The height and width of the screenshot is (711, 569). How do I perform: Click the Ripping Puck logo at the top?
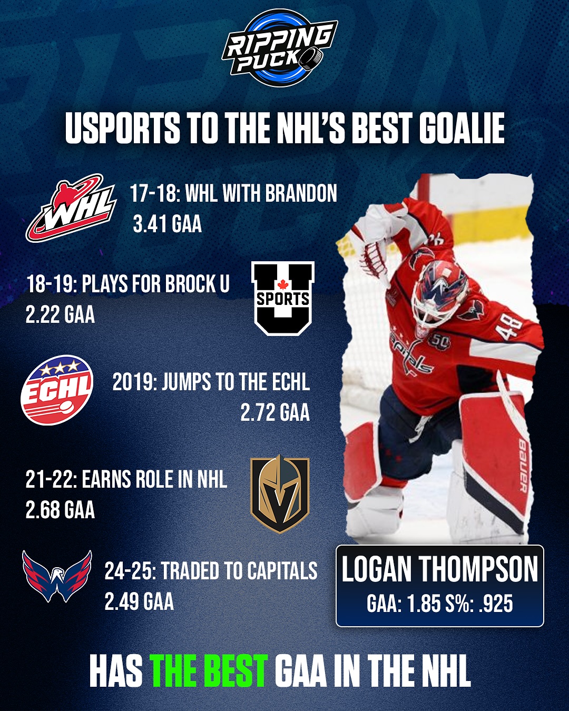point(280,48)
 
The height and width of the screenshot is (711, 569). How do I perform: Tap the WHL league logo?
point(71,208)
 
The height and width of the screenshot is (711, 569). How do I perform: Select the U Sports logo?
point(283,298)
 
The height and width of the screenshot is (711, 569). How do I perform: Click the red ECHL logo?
point(57,390)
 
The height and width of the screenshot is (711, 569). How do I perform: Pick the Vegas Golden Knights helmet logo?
point(280,494)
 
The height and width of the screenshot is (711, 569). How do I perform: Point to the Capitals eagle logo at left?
point(57,576)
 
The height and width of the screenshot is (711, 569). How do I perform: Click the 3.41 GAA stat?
point(167,224)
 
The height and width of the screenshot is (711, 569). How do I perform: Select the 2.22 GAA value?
point(60,314)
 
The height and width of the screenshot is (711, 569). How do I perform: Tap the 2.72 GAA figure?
point(275,412)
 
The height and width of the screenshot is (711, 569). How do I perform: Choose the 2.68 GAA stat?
point(60,510)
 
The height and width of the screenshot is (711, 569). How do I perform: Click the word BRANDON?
point(301,193)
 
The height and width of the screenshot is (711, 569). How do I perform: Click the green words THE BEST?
point(210,670)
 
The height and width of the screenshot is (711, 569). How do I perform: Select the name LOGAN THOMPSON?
point(440,569)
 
